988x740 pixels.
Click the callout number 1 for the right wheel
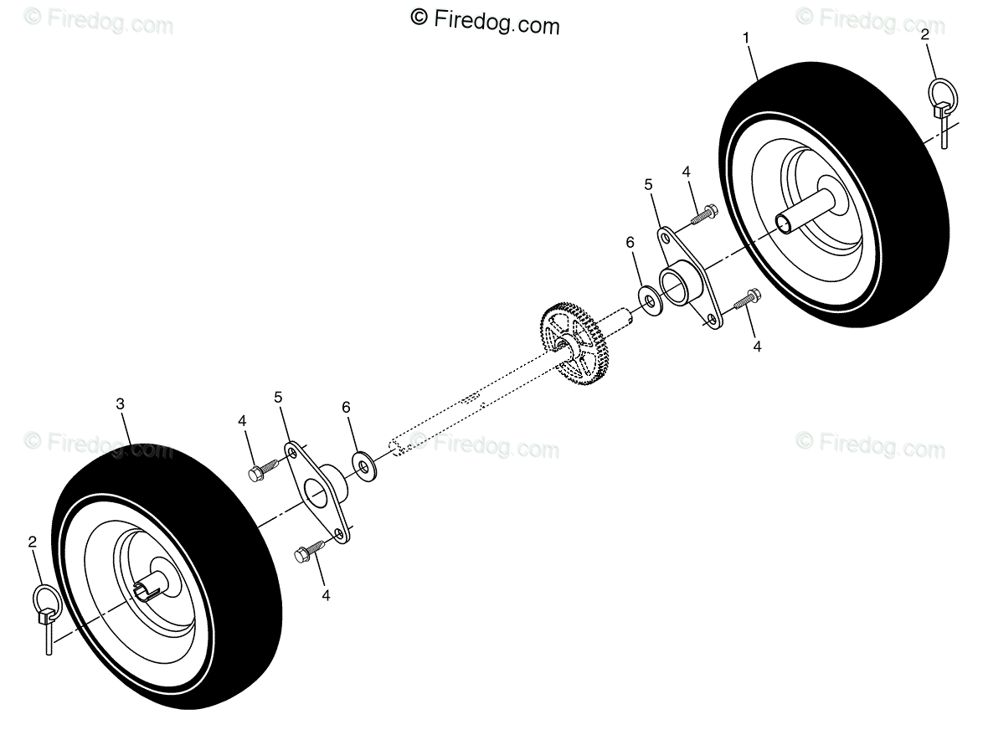click(x=746, y=39)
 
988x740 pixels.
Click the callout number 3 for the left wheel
click(x=121, y=404)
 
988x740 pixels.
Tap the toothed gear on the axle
click(x=573, y=344)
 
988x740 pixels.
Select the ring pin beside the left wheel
click(x=46, y=617)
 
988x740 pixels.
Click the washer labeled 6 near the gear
click(x=651, y=301)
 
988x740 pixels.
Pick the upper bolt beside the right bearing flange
click(x=704, y=214)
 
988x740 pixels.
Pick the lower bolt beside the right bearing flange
click(x=748, y=299)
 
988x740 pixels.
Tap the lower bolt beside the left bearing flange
click(x=310, y=551)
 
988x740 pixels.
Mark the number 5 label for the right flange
click(x=648, y=185)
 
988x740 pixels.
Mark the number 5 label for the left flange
click(x=278, y=398)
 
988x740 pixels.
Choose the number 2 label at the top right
click(x=924, y=35)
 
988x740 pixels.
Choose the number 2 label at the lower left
click(x=32, y=542)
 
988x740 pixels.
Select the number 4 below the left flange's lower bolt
click(x=326, y=595)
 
